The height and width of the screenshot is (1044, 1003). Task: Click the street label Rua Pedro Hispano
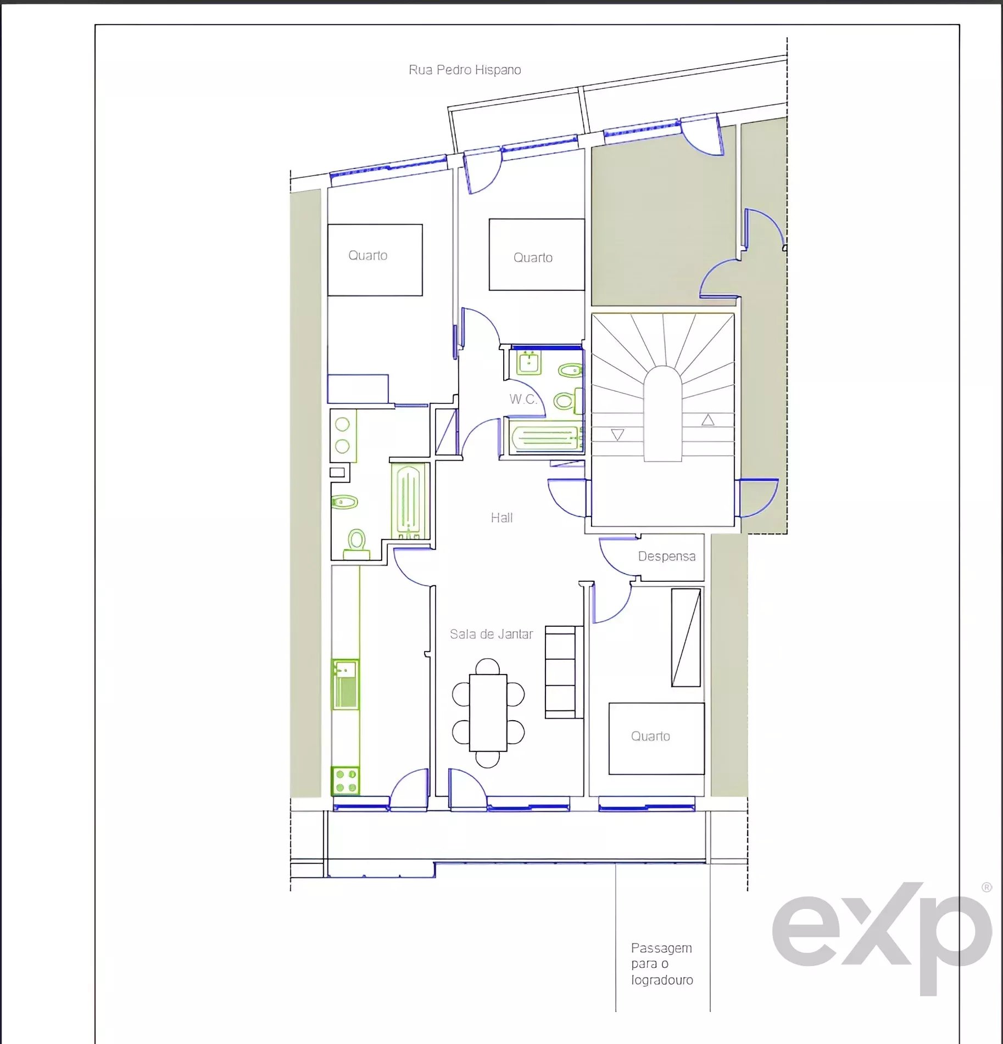point(465,70)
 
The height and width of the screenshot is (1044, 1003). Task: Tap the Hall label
point(501,518)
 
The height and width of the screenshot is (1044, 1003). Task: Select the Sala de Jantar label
point(491,634)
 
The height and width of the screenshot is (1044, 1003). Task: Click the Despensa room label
point(667,556)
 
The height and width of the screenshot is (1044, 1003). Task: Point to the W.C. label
point(523,399)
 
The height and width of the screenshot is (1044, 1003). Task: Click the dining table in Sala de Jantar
point(488,712)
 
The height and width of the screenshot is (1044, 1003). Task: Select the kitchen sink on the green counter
point(346,684)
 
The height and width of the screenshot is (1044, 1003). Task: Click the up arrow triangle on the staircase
point(707,420)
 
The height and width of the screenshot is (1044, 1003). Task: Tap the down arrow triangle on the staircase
point(617,435)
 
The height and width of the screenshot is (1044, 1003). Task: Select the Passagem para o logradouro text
point(662,964)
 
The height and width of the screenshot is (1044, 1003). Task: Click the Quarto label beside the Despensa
point(650,736)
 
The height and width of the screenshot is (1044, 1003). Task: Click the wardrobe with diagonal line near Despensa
point(686,637)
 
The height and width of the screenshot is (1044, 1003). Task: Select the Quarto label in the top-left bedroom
point(368,255)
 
